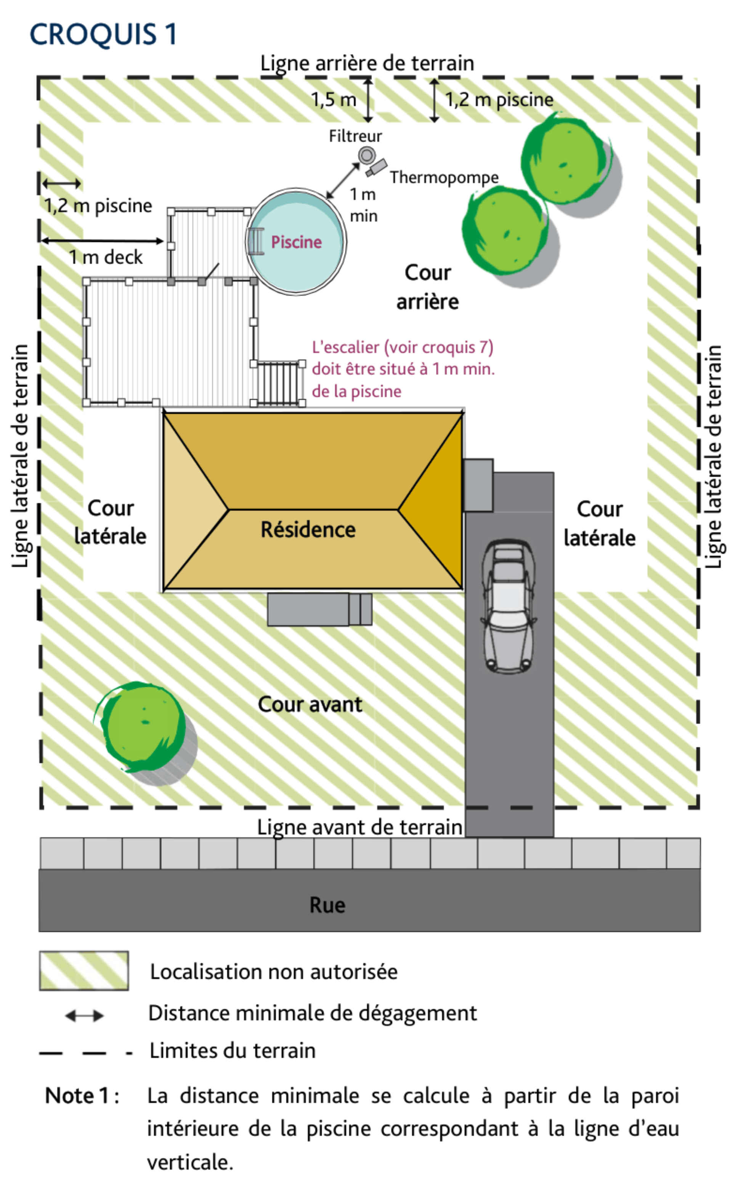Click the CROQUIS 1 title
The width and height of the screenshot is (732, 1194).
click(x=103, y=35)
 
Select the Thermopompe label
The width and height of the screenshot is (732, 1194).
click(x=444, y=177)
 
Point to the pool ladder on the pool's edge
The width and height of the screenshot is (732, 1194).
click(x=256, y=241)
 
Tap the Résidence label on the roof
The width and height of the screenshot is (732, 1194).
click(x=308, y=529)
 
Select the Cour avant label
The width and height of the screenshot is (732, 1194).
click(x=310, y=704)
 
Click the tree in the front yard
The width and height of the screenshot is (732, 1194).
click(x=141, y=727)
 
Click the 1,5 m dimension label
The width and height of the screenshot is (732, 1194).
click(x=333, y=100)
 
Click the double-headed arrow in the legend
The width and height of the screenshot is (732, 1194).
click(x=84, y=1016)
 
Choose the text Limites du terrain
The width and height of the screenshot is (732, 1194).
click(x=233, y=1051)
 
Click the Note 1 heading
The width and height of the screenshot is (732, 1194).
click(x=82, y=1096)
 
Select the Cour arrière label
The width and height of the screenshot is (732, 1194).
click(x=427, y=287)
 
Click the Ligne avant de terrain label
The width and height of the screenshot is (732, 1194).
click(x=360, y=827)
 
